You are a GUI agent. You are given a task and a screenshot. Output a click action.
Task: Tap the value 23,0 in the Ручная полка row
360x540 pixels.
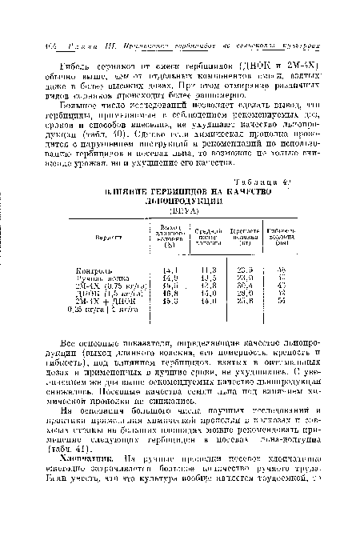[246, 278]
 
